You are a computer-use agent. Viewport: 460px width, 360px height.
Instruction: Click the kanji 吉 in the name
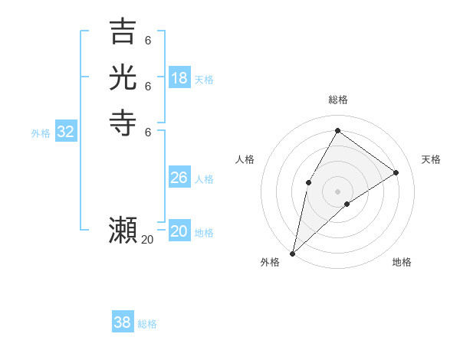(123, 31)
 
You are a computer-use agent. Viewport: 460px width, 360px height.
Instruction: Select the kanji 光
(123, 77)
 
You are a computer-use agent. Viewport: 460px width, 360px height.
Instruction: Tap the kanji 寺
(123, 123)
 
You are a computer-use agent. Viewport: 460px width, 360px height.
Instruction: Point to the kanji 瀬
(123, 231)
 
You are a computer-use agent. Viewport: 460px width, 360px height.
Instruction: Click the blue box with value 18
(179, 77)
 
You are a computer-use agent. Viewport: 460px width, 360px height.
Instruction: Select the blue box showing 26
(179, 178)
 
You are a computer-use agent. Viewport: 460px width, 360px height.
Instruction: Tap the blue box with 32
(66, 132)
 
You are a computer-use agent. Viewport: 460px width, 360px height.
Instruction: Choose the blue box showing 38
(123, 322)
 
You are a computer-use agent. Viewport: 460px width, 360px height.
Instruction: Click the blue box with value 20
(179, 231)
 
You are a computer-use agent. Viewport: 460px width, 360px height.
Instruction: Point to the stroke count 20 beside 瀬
(147, 240)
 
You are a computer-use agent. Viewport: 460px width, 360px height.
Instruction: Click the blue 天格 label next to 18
(204, 80)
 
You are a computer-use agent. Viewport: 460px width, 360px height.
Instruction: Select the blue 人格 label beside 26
(204, 179)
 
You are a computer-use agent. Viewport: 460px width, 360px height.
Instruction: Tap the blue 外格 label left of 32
(41, 133)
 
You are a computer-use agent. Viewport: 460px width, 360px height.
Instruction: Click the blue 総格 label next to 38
(147, 324)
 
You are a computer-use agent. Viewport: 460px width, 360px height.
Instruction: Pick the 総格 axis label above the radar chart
(337, 100)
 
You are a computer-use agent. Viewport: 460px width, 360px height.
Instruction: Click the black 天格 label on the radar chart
(431, 159)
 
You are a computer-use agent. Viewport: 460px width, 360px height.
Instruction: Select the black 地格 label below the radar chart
(402, 262)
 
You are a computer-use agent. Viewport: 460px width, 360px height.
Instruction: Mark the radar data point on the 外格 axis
(293, 253)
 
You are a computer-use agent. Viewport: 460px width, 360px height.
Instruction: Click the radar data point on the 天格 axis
(396, 172)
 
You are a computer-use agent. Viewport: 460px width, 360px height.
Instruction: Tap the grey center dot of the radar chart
(337, 191)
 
